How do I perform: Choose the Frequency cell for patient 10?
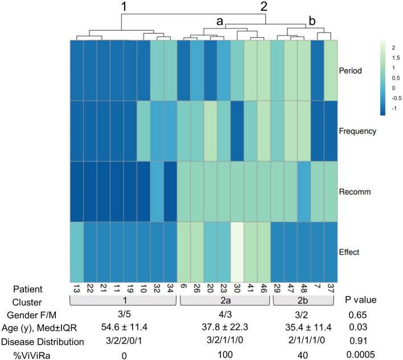pos(143,131)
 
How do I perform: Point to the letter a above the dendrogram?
pos(219,22)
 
